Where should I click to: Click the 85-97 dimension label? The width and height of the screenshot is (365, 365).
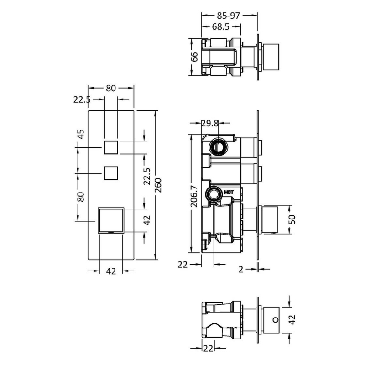coord(228,16)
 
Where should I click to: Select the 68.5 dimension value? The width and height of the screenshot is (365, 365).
coord(220,27)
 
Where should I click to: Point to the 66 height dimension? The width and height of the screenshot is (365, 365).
coord(194,57)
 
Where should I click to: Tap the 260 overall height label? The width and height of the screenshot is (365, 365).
coord(158,185)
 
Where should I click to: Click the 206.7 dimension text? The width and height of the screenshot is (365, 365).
coord(194,196)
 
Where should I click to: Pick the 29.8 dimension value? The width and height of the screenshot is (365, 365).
coord(210,123)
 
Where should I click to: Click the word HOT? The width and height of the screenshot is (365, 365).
coord(229,192)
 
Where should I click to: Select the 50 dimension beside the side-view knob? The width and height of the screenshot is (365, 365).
coord(292,219)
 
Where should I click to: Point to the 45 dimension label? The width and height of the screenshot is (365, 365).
coord(81,134)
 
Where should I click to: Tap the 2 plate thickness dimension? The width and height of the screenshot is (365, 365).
coord(241,269)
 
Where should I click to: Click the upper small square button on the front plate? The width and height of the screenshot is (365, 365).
coord(111,147)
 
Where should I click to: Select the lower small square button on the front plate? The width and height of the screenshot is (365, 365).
coord(111,173)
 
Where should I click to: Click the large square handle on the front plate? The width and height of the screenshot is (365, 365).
coord(110,220)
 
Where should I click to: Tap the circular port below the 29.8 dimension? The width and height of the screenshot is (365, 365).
coord(218,147)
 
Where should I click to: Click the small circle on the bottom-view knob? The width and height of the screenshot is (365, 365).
coord(276,320)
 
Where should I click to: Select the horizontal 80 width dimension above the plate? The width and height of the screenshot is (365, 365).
coord(111,88)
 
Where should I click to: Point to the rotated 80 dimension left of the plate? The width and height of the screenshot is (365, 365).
coord(81,197)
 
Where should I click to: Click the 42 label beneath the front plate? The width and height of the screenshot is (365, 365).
coord(111,271)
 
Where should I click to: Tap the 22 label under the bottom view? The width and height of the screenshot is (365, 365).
coord(208,349)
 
